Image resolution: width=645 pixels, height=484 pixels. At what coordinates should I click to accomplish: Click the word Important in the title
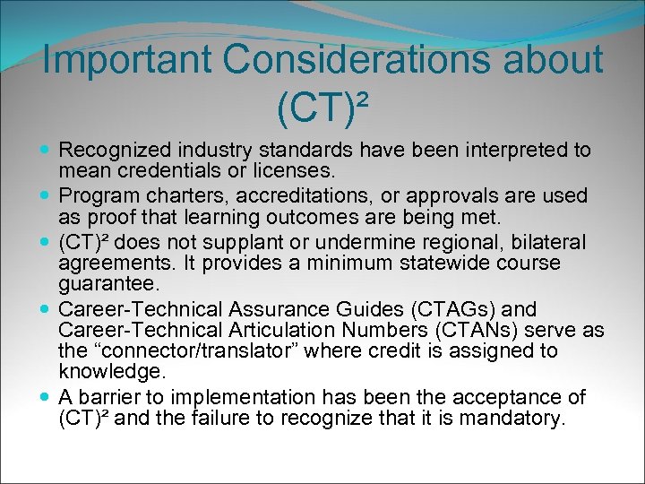click(126, 60)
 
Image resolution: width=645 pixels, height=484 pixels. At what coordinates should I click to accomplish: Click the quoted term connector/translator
click(200, 350)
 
